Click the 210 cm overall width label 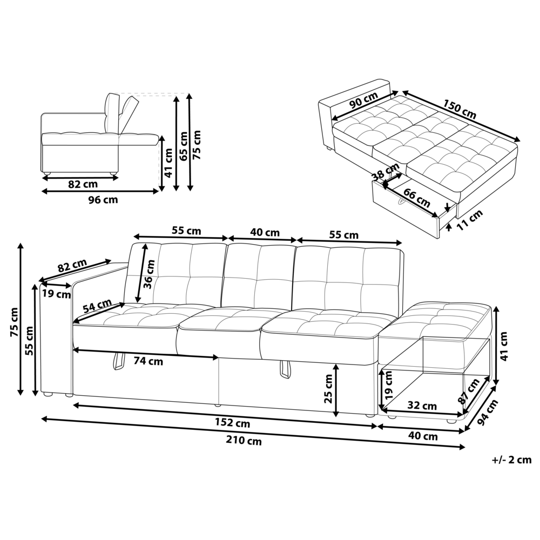(x=244, y=441)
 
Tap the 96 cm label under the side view (x=103, y=200)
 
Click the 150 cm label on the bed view (x=460, y=109)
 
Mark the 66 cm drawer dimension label (x=417, y=199)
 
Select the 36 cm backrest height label (x=151, y=274)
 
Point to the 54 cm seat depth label (x=97, y=307)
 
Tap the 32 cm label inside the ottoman (x=422, y=406)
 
